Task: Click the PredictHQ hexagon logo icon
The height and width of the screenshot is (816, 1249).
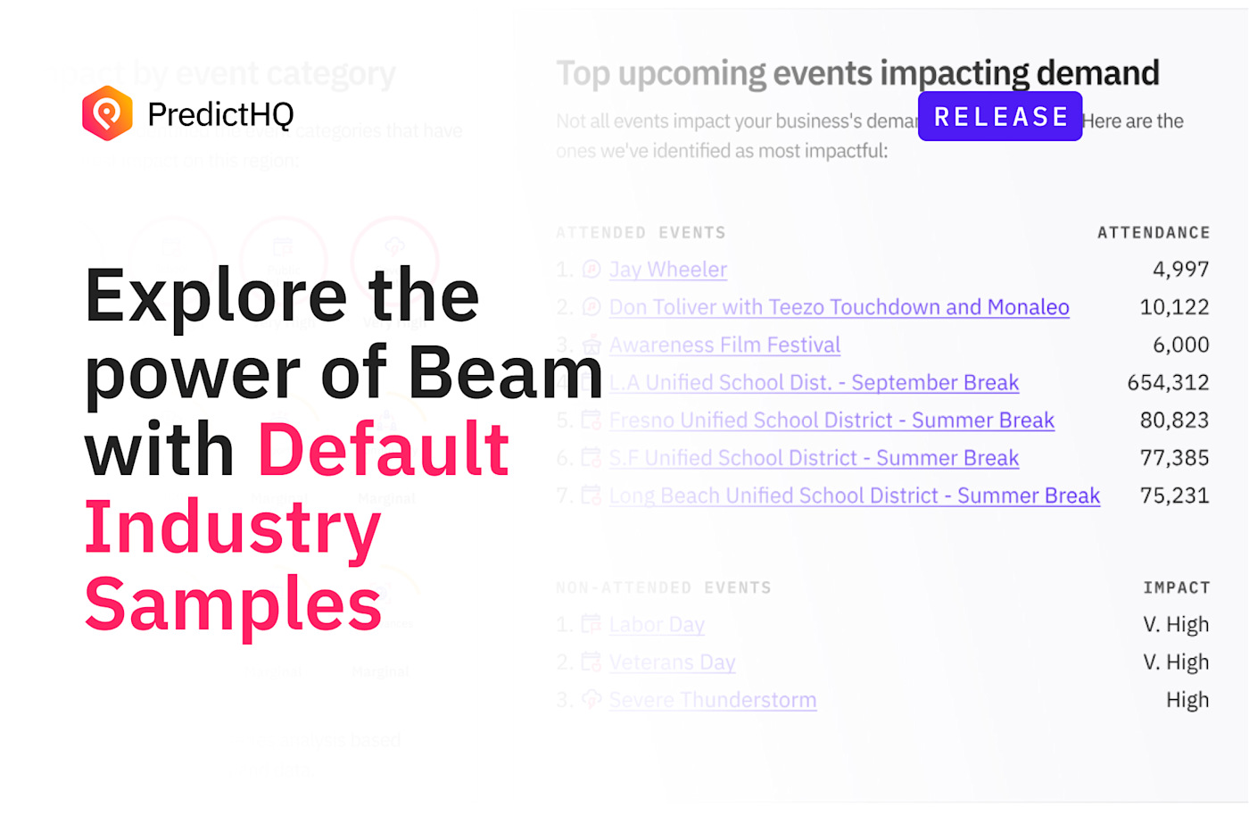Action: pos(107,113)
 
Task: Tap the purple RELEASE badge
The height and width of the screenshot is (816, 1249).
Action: pos(1000,117)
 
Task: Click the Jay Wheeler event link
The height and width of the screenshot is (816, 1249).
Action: pos(668,270)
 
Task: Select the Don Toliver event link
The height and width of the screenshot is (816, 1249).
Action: pos(839,307)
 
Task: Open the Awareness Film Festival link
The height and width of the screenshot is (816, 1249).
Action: pos(724,345)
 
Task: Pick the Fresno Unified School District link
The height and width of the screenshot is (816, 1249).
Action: pos(831,420)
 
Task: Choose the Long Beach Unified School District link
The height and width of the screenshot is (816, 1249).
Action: pos(854,495)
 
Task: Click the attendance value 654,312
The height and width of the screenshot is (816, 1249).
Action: pos(1168,383)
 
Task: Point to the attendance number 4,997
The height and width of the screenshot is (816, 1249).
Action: pos(1180,270)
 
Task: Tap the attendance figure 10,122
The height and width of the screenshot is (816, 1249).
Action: pos(1174,307)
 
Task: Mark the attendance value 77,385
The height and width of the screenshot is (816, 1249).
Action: pos(1174,458)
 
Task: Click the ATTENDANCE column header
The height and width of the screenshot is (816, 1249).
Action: pos(1154,233)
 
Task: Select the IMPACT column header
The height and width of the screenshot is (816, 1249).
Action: pos(1176,587)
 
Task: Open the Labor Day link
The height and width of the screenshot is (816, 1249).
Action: pos(657,625)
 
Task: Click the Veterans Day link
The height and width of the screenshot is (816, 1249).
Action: pos(672,662)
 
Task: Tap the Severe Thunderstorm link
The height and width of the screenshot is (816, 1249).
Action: pos(712,700)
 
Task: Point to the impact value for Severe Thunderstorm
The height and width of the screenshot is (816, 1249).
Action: pos(1187,700)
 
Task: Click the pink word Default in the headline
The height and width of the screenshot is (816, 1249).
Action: pos(384,449)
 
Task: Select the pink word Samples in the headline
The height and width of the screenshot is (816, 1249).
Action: pos(234,604)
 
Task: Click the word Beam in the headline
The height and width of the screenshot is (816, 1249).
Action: pos(506,372)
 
